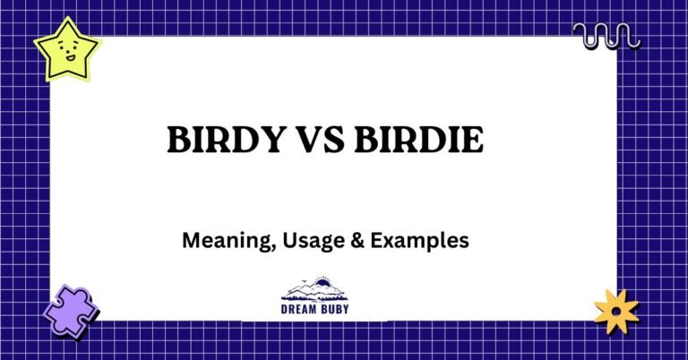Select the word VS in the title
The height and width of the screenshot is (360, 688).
click(x=315, y=141)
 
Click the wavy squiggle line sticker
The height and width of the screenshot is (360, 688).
click(x=606, y=36)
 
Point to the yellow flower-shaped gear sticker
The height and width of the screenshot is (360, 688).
click(x=616, y=310)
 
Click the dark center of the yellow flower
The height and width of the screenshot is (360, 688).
click(x=616, y=311)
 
